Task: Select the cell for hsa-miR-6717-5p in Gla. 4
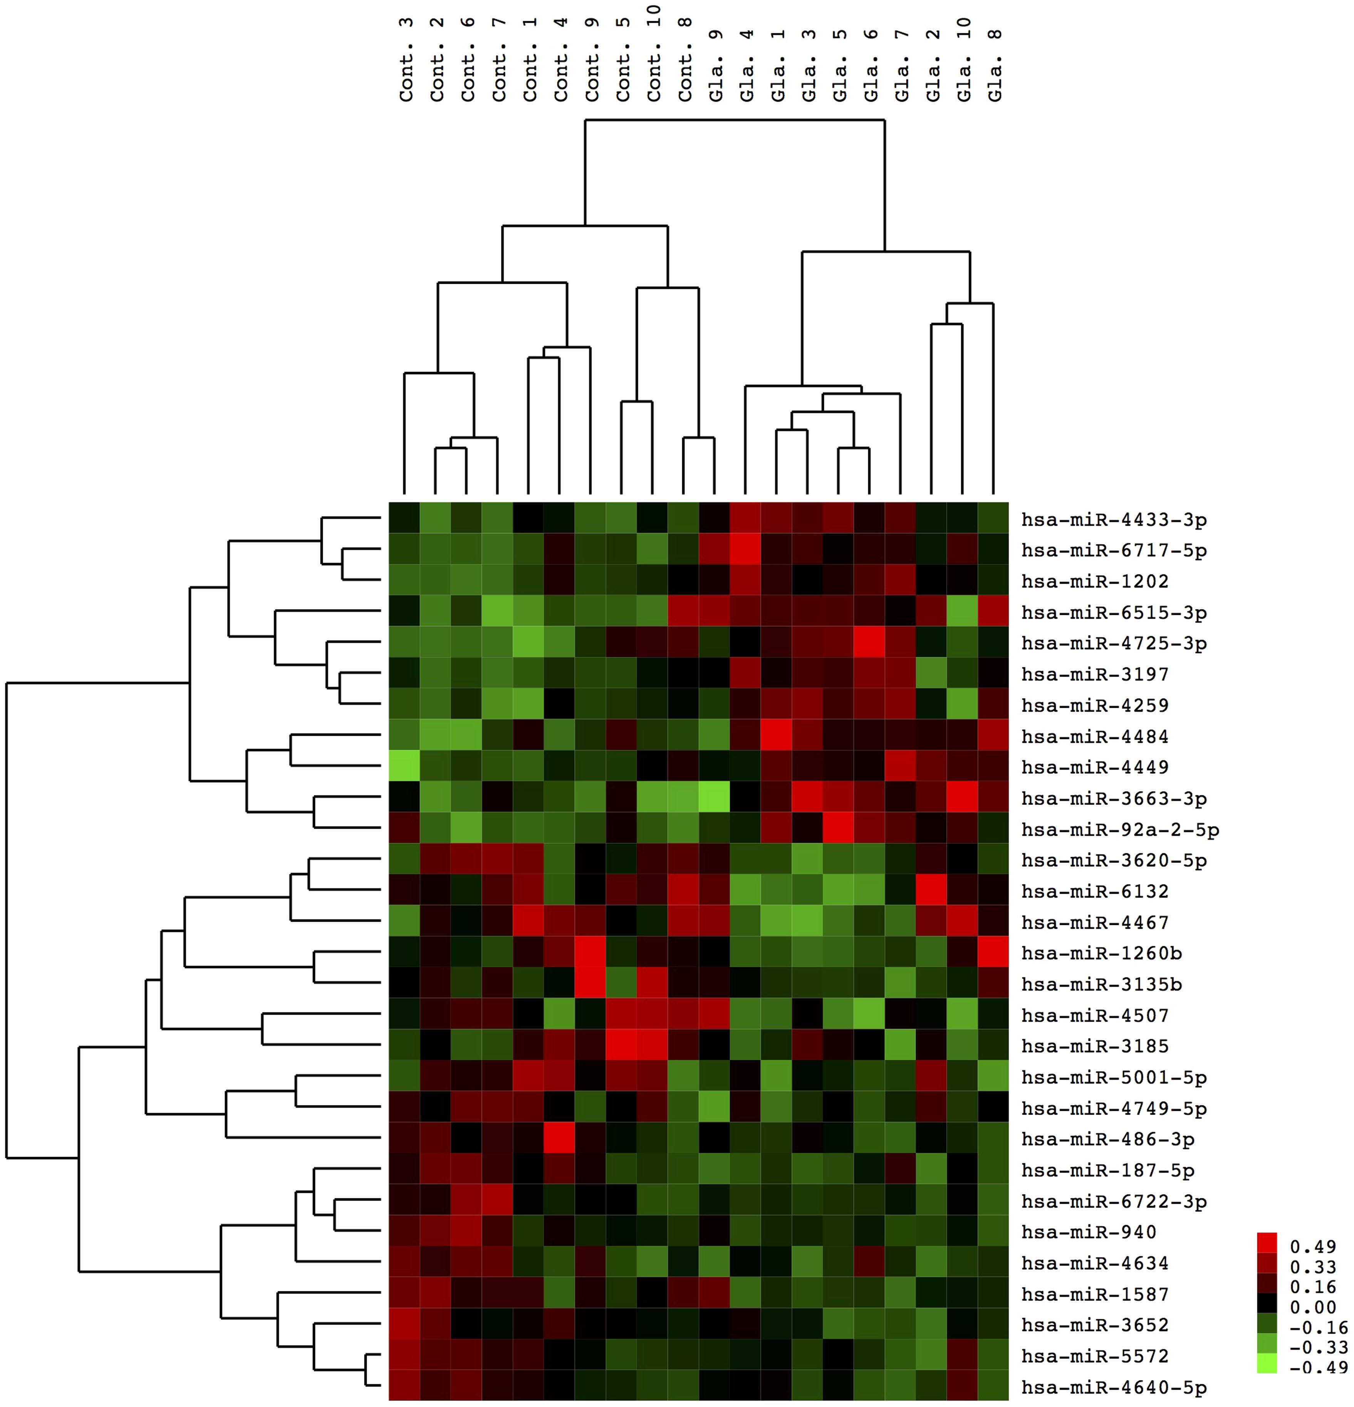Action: (x=746, y=550)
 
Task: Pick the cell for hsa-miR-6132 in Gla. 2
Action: (x=932, y=891)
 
